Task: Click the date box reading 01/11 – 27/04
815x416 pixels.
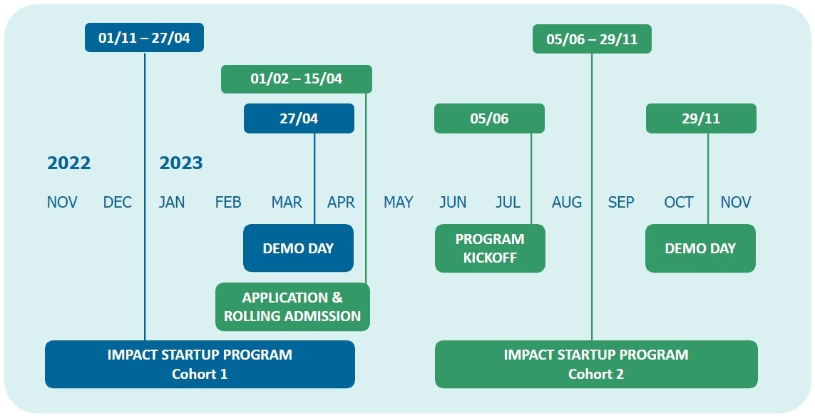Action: click(144, 37)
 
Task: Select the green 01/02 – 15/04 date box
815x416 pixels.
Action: click(297, 79)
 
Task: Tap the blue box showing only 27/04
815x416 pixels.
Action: click(299, 118)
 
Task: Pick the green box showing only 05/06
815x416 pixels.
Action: click(489, 118)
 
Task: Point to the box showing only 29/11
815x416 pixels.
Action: click(701, 118)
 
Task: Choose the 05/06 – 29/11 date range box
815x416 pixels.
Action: click(592, 39)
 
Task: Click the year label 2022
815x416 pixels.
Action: click(68, 163)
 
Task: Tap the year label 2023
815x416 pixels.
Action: click(181, 163)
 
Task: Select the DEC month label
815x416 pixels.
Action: click(118, 202)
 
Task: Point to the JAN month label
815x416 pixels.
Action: click(172, 202)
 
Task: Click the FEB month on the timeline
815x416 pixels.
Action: click(228, 202)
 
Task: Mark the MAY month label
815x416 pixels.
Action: click(399, 202)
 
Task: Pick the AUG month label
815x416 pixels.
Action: click(567, 202)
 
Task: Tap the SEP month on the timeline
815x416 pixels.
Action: click(621, 202)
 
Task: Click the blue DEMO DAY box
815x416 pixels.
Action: click(298, 248)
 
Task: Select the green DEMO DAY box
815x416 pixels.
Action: click(700, 248)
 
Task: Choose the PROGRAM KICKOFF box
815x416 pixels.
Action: click(490, 248)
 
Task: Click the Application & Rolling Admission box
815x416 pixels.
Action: click(292, 307)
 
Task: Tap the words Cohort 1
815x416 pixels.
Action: click(200, 374)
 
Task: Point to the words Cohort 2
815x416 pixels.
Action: click(595, 374)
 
